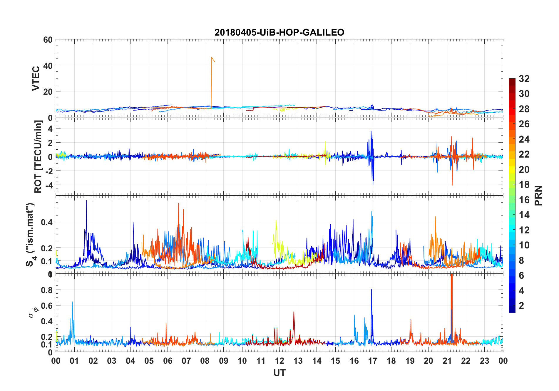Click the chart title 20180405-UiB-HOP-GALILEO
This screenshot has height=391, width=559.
pyautogui.click(x=279, y=32)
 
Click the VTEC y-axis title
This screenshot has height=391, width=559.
pyautogui.click(x=36, y=78)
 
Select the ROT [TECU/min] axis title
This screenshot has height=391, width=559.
pyautogui.click(x=38, y=156)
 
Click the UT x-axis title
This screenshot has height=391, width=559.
pyautogui.click(x=279, y=373)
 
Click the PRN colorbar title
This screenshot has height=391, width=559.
pyautogui.click(x=538, y=195)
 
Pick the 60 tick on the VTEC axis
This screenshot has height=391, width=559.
pyautogui.click(x=48, y=40)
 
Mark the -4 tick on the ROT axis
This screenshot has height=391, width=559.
pyautogui.click(x=49, y=185)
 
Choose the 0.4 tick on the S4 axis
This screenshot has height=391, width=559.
pyautogui.click(x=47, y=222)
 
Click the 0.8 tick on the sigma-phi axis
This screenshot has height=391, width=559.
pyautogui.click(x=47, y=290)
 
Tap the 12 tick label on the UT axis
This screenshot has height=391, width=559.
pyautogui.click(x=279, y=361)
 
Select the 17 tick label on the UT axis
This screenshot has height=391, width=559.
pyautogui.click(x=373, y=361)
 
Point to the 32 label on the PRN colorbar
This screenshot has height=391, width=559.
pyautogui.click(x=524, y=79)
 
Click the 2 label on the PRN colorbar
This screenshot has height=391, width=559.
pyautogui.click(x=521, y=306)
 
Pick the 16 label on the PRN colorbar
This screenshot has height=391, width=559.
pyautogui.click(x=524, y=200)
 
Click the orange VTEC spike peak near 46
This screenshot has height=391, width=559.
pyautogui.click(x=211, y=57)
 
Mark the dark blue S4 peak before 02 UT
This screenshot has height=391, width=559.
pyautogui.click(x=86, y=200)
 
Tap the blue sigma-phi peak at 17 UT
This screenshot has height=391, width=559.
pyautogui.click(x=371, y=289)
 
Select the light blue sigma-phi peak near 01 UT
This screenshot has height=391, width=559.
pyautogui.click(x=72, y=302)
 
